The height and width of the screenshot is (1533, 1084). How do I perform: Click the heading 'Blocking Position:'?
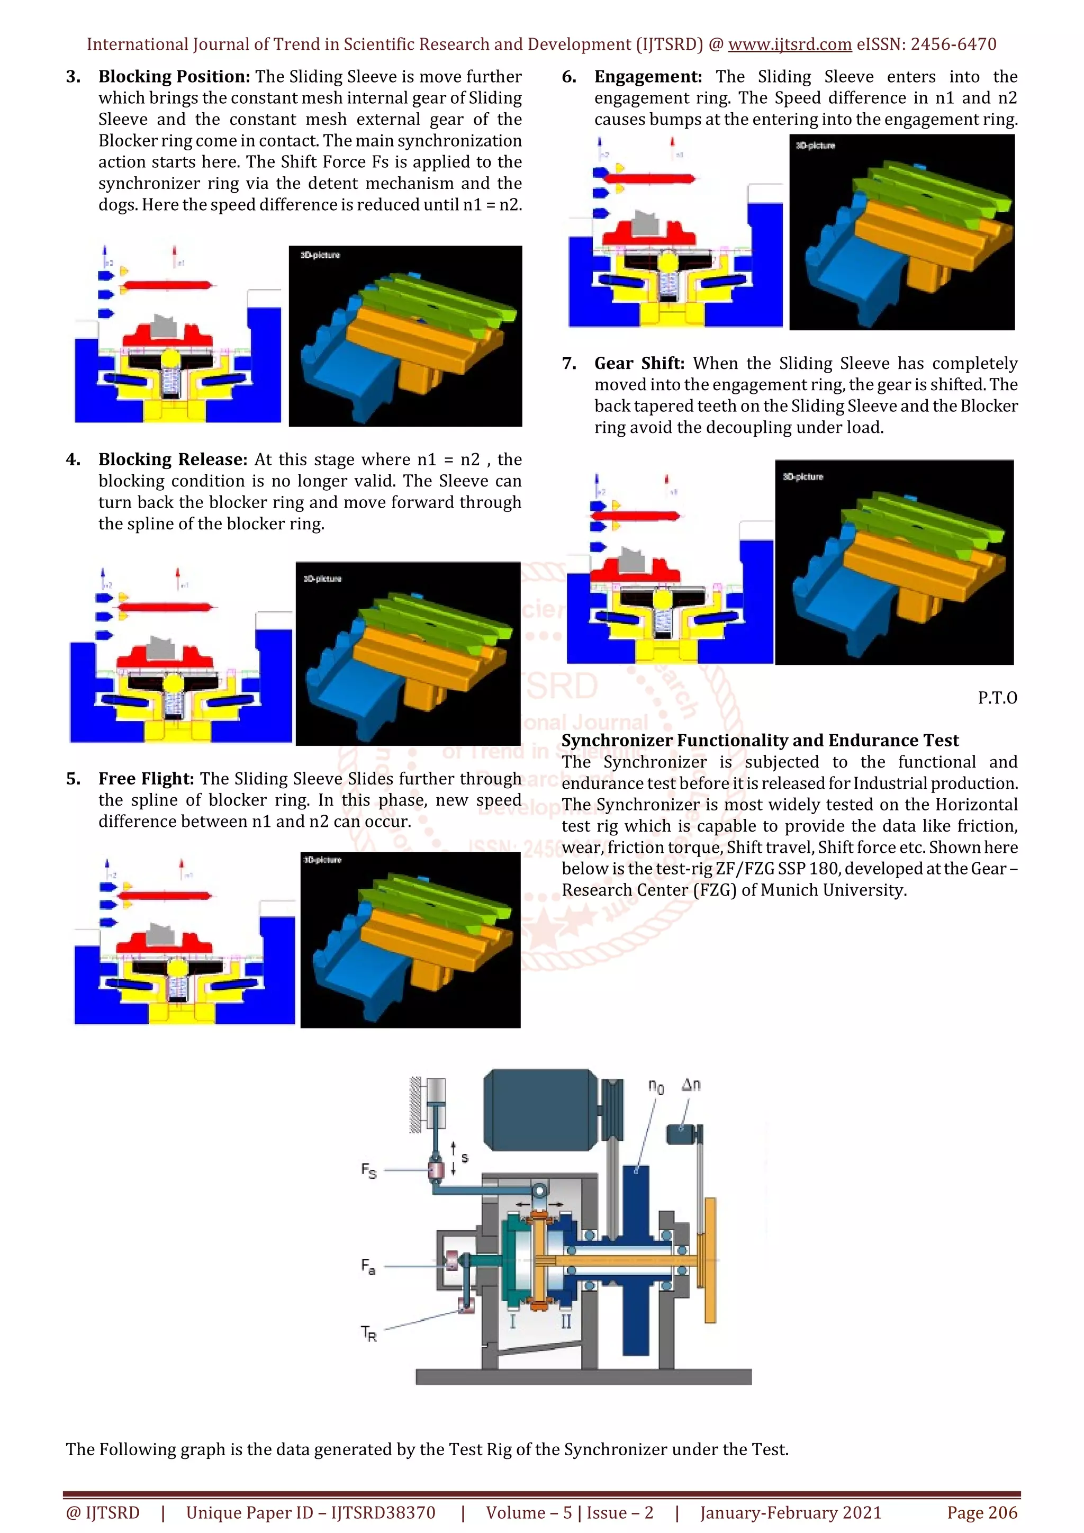click(x=174, y=77)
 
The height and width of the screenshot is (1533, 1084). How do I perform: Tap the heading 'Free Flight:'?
click(x=146, y=779)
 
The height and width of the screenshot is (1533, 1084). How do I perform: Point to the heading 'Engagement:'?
click(x=647, y=77)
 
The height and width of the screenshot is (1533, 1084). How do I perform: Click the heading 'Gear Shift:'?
click(x=639, y=363)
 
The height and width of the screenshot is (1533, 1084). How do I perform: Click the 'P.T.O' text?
click(x=997, y=698)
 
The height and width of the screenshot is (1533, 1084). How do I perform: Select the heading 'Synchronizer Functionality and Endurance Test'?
click(x=760, y=741)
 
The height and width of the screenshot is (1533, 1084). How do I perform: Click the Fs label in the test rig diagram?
click(x=368, y=1170)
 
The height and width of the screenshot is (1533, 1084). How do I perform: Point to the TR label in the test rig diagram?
click(x=368, y=1333)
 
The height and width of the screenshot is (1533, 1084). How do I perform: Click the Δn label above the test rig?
click(x=691, y=1085)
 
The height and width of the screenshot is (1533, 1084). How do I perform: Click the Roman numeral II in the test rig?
click(x=565, y=1321)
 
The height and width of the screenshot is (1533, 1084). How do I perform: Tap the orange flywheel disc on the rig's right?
click(x=710, y=1260)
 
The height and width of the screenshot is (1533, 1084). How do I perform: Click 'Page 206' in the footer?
click(x=982, y=1512)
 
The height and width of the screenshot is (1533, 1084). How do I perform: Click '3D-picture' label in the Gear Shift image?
click(x=803, y=477)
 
